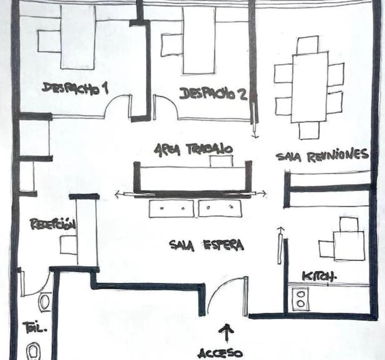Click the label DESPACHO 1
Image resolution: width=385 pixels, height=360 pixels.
pos(75,88)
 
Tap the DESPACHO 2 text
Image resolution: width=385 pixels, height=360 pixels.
pos(213,94)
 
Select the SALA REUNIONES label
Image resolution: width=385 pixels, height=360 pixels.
pos(322,155)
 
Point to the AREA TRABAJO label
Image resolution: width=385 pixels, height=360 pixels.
pos(193,150)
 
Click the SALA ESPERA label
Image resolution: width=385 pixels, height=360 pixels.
pos(206,245)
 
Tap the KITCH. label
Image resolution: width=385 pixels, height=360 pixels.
pos(319,276)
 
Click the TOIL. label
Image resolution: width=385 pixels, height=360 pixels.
pos(34,327)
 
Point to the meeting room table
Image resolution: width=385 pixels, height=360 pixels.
pos(309,87)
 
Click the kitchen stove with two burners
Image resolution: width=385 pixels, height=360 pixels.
pos(301,299)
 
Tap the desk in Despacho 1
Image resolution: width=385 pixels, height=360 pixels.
pos(78,37)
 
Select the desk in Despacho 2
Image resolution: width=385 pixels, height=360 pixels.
pos(199,41)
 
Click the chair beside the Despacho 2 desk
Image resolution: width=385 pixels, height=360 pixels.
pos(172,45)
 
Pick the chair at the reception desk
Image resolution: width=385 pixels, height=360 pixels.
pos(68,245)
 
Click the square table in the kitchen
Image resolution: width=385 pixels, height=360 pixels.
pos(349,246)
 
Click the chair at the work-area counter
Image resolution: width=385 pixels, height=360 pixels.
pos(221,161)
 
